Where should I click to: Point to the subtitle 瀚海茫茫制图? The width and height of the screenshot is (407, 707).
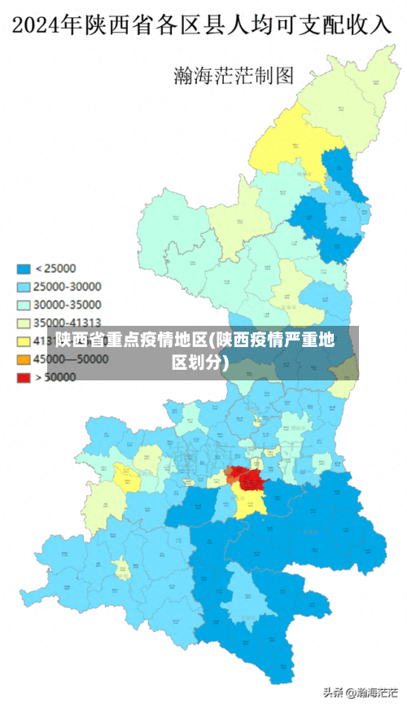pyautogui.click(x=234, y=76)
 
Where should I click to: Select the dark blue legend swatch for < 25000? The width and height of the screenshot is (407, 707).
pyautogui.click(x=24, y=268)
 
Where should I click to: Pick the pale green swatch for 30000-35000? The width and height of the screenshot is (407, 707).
pyautogui.click(x=24, y=305)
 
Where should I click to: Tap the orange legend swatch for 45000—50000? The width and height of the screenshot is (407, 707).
pyautogui.click(x=24, y=359)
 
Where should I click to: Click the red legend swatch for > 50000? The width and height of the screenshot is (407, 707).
pyautogui.click(x=24, y=377)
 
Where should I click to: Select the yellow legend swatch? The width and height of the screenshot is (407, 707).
pyautogui.click(x=24, y=340)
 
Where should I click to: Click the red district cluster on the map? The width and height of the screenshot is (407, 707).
pyautogui.click(x=244, y=476)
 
